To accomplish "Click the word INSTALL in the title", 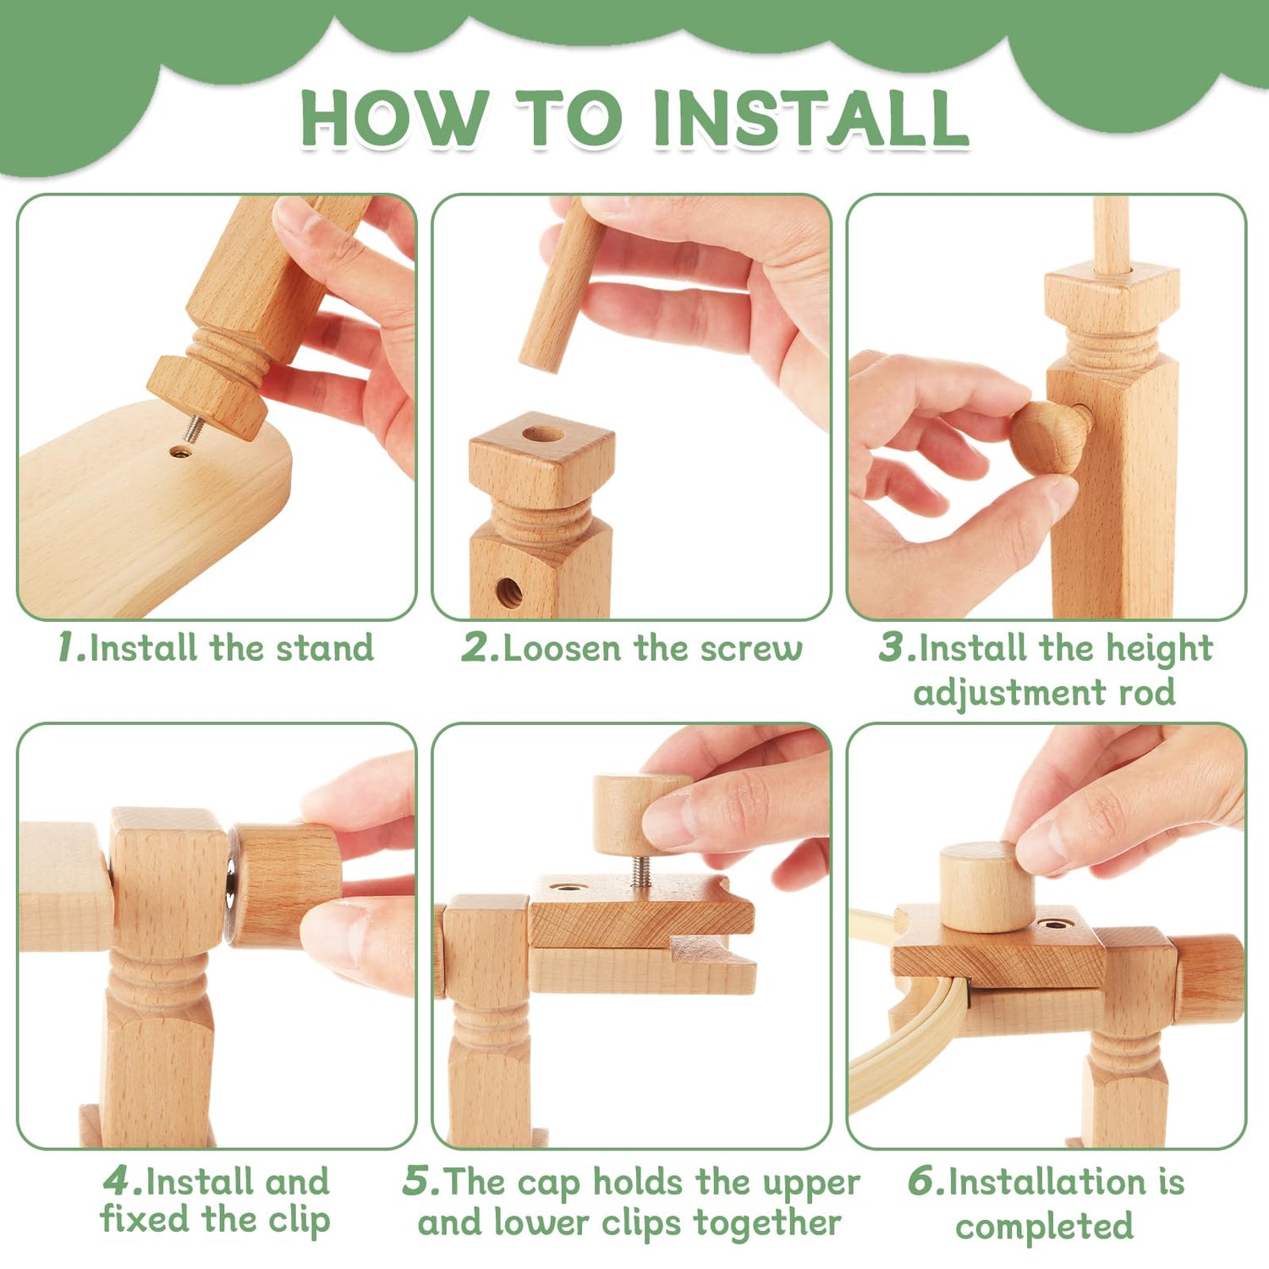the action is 810,118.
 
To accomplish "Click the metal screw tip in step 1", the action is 194,430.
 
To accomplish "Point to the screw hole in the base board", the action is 179,452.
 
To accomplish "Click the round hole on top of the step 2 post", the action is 542,435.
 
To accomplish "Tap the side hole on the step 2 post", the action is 508,592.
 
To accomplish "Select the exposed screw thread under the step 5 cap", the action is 641,871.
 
